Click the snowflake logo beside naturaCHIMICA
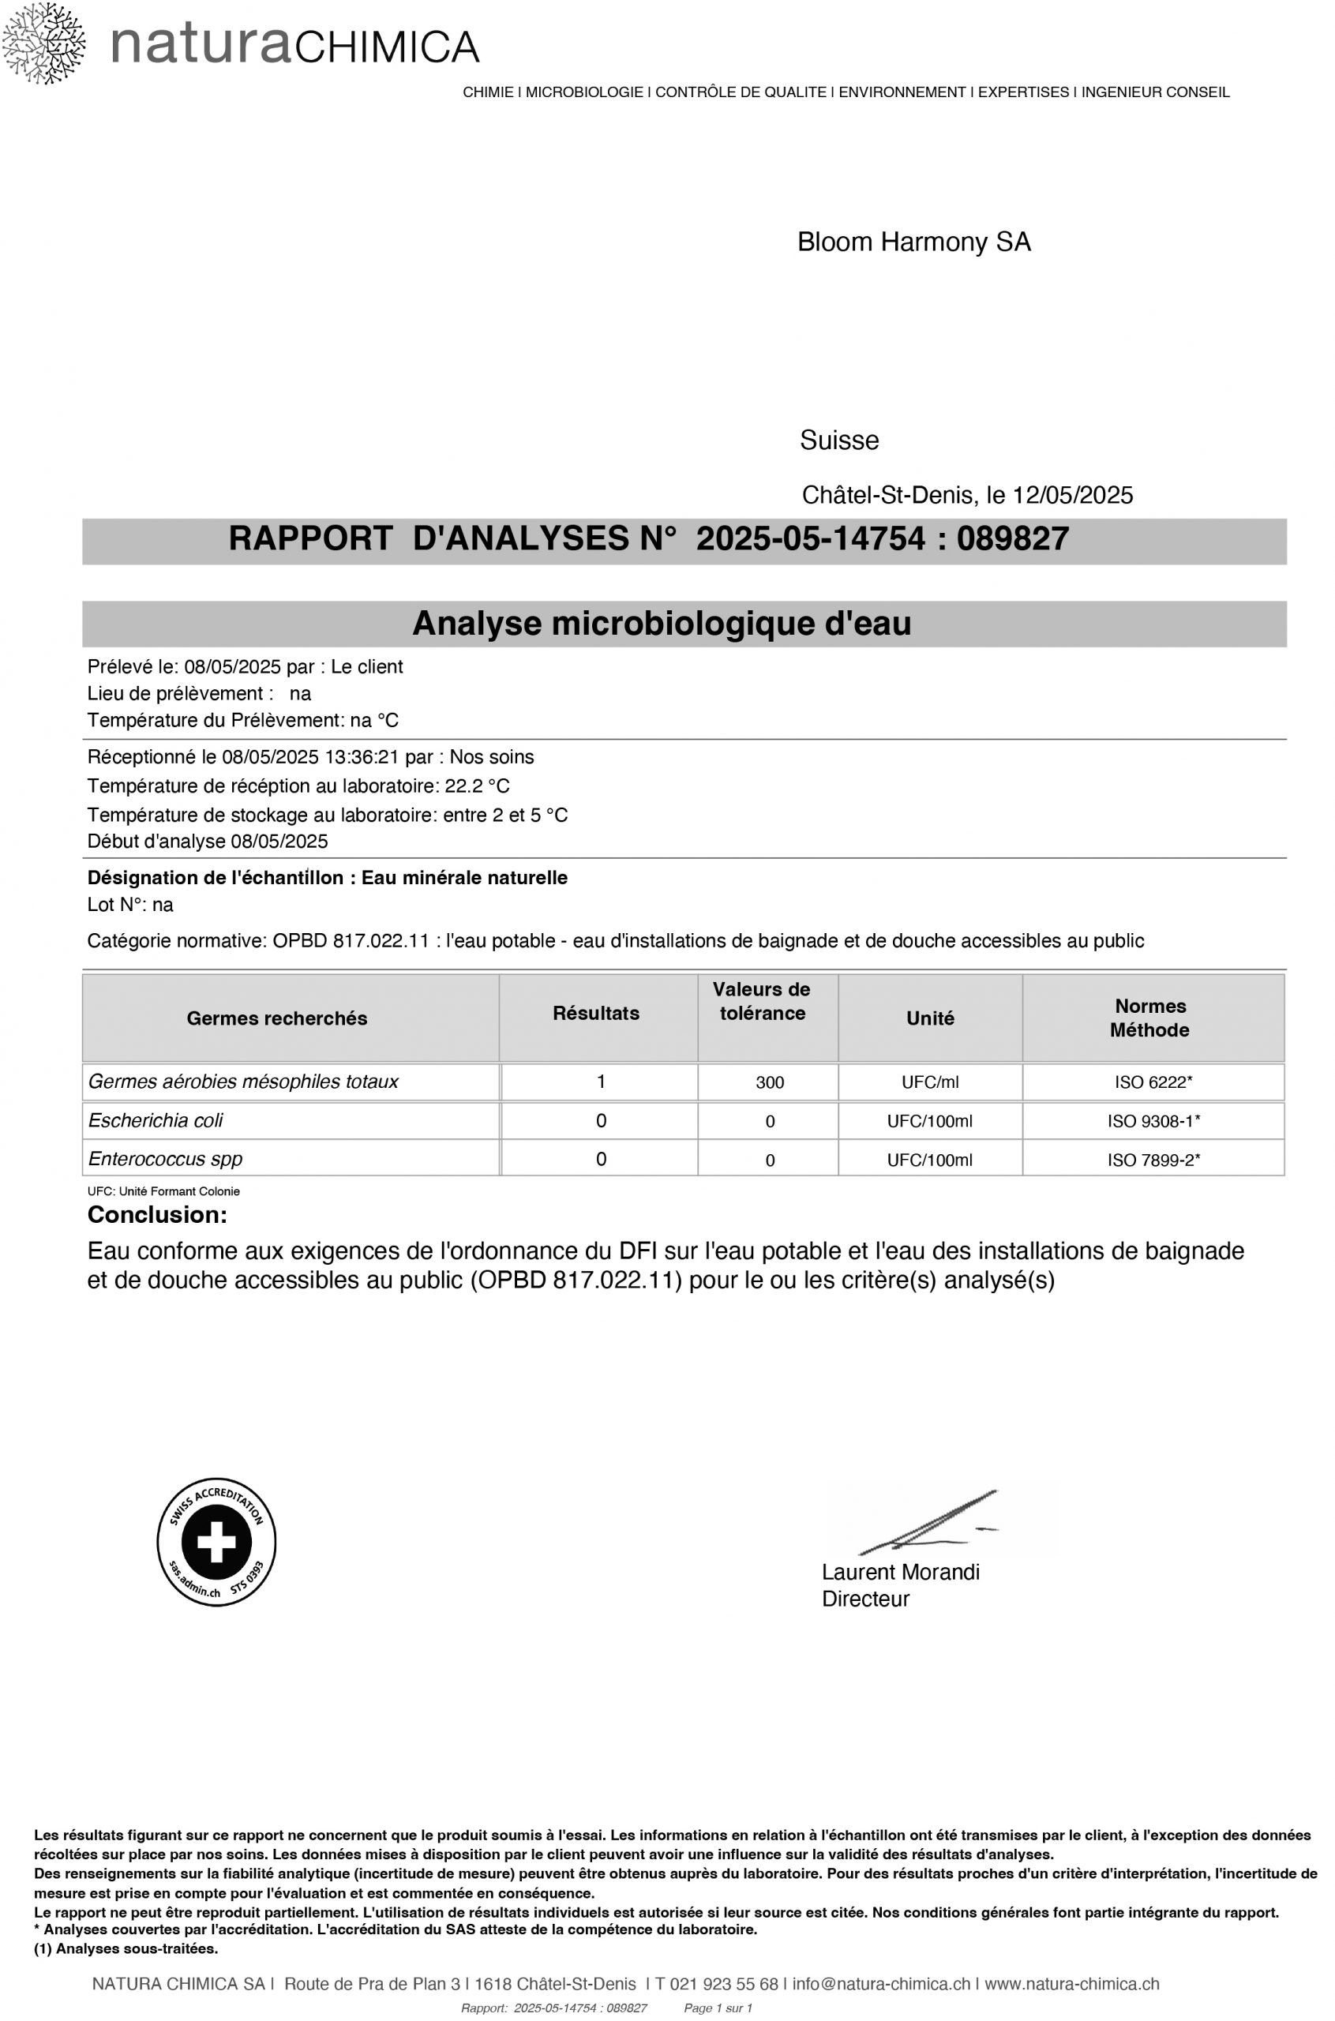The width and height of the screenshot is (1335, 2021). click(x=43, y=43)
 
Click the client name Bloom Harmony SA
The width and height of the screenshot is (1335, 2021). click(x=913, y=242)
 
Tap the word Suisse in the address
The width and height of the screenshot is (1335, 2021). click(x=838, y=441)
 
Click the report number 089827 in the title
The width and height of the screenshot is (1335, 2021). click(x=1012, y=539)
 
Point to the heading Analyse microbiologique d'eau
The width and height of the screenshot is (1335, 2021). click(x=662, y=624)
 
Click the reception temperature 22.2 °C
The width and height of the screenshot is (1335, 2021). click(x=477, y=785)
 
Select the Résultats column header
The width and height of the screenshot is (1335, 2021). click(x=596, y=1013)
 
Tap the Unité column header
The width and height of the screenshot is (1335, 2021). click(x=930, y=1018)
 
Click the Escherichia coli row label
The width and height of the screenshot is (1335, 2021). click(x=156, y=1120)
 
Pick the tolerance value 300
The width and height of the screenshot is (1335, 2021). click(x=770, y=1083)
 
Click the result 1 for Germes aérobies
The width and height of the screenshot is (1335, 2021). click(x=601, y=1082)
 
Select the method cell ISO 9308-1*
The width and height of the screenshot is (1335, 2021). click(x=1153, y=1121)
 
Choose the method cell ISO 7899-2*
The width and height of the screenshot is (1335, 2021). click(x=1153, y=1160)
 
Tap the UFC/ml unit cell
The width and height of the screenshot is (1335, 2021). click(x=930, y=1083)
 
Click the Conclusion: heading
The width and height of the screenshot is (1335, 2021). click(x=158, y=1215)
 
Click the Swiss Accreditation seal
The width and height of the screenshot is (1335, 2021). click(x=216, y=1542)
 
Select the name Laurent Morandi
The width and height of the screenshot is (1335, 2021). click(x=900, y=1573)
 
